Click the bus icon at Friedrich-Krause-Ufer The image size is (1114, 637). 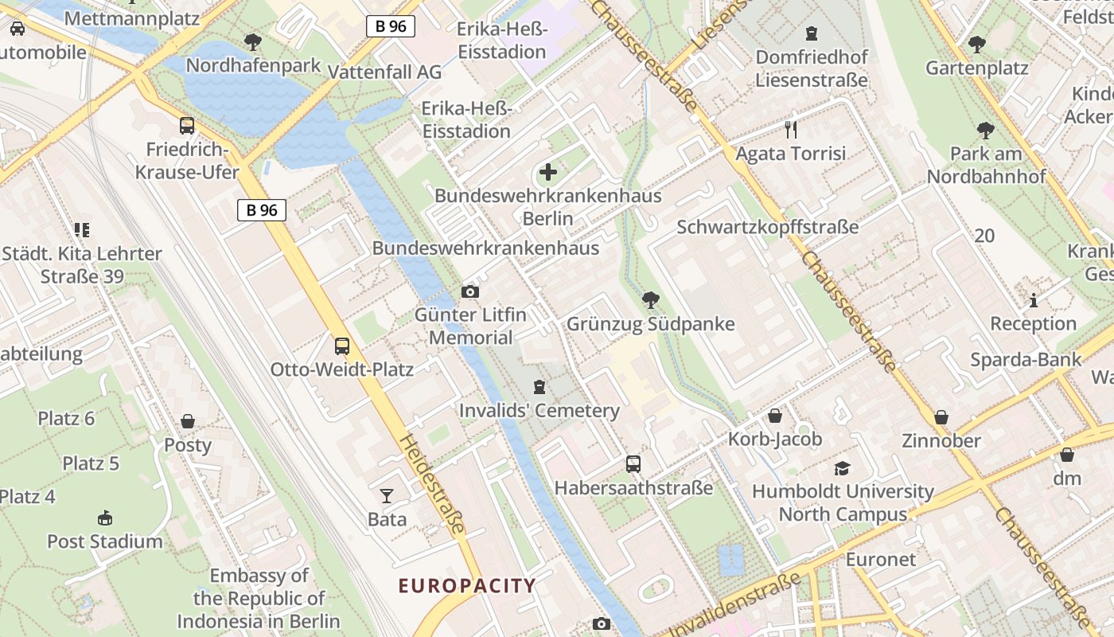pyautogui.click(x=187, y=125)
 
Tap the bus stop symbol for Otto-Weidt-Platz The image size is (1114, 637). pyautogui.click(x=342, y=346)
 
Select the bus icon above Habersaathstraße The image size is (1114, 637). pyautogui.click(x=633, y=463)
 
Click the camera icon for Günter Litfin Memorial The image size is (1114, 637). pyautogui.click(x=470, y=291)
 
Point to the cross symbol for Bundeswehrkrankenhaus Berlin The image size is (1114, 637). pyautogui.click(x=548, y=171)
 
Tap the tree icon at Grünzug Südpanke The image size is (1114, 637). pyautogui.click(x=650, y=300)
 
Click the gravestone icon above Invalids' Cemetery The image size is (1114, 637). pyautogui.click(x=539, y=388)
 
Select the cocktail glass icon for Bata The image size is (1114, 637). pyautogui.click(x=387, y=496)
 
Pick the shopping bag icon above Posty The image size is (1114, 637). pyautogui.click(x=188, y=421)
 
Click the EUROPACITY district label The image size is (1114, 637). pyautogui.click(x=467, y=586)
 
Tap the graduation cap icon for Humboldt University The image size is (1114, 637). pyautogui.click(x=842, y=468)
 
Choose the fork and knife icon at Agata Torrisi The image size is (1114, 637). pyautogui.click(x=790, y=129)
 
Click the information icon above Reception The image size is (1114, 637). pyautogui.click(x=1034, y=300)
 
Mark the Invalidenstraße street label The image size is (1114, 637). pyautogui.click(x=735, y=606)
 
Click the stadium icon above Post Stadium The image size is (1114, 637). pyautogui.click(x=104, y=518)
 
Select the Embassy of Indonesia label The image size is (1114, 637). pyautogui.click(x=259, y=598)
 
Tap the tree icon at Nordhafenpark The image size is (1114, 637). pyautogui.click(x=253, y=42)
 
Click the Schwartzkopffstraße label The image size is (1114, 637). pyautogui.click(x=767, y=227)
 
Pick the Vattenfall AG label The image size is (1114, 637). pyautogui.click(x=384, y=72)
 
